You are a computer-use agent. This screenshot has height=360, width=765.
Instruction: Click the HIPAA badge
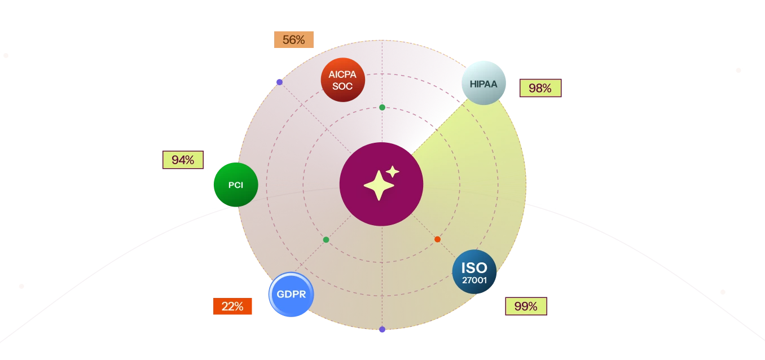tap(483, 83)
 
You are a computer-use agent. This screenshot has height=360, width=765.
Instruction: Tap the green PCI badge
tap(236, 185)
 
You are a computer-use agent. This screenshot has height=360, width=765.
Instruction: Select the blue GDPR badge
tap(291, 294)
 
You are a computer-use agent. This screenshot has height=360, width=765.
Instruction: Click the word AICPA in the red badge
tap(342, 74)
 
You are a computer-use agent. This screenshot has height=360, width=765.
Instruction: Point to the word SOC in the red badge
tap(342, 86)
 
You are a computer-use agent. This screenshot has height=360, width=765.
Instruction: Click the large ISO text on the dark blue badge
tap(474, 268)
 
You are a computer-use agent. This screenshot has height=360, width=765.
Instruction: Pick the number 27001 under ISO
tap(474, 280)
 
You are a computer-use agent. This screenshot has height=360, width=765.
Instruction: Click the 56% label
tap(294, 39)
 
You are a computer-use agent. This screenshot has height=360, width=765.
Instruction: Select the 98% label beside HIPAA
tap(540, 88)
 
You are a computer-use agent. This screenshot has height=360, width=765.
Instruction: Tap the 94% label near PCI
tap(183, 160)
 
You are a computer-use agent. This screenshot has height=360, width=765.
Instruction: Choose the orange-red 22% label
tap(232, 306)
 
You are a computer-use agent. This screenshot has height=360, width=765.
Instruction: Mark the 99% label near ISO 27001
tap(526, 306)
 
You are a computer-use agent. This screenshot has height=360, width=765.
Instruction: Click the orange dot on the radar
tap(437, 239)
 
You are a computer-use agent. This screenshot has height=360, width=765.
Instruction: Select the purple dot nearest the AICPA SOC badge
tap(280, 82)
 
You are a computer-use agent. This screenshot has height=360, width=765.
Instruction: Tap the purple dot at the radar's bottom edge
tap(382, 330)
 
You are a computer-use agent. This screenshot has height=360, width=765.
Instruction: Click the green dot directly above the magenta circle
tap(382, 108)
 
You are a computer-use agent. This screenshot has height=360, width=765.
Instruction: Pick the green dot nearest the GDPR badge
tap(326, 240)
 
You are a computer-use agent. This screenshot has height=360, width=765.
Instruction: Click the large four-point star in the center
tap(379, 186)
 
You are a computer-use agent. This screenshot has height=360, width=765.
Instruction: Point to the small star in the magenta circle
tap(393, 172)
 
